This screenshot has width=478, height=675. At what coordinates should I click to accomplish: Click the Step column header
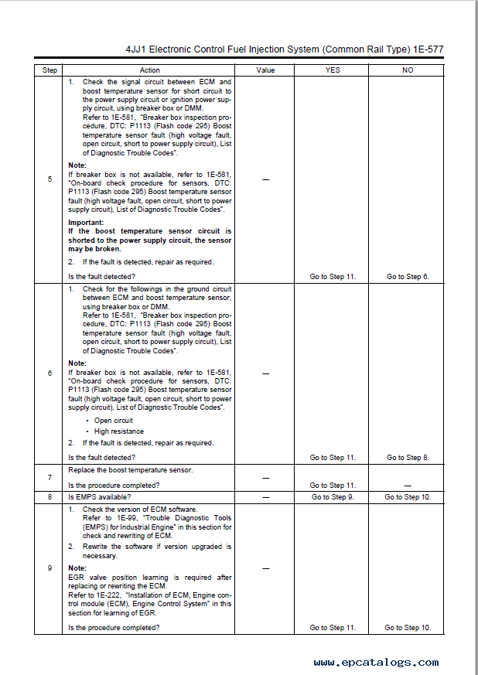pos(50,70)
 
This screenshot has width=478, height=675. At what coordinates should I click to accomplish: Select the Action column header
pos(150,70)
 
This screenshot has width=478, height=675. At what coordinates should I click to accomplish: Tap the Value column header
pos(265,70)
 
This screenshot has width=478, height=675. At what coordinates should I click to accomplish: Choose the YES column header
pos(333,70)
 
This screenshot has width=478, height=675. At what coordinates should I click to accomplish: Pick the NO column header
pos(408,70)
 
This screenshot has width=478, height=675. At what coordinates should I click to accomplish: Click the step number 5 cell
pos(50,179)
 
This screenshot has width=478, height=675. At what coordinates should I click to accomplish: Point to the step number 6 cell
pos(50,373)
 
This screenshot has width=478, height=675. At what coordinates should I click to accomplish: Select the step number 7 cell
pos(50,478)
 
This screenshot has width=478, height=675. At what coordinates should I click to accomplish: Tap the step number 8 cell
pos(50,497)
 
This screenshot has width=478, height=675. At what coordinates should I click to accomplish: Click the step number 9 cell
pos(50,568)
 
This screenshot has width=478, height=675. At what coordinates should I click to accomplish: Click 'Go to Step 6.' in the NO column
pos(408,277)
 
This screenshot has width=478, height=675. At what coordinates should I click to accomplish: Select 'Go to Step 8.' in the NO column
pos(408,458)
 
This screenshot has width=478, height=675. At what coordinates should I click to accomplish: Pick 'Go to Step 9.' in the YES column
pos(333,497)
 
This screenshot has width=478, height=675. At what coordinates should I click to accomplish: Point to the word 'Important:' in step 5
pos(86,223)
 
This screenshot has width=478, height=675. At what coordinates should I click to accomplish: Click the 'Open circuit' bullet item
pos(114,421)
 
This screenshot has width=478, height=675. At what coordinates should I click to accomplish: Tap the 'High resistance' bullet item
pos(118,431)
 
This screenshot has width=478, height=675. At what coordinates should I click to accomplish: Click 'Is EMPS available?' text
pos(100,497)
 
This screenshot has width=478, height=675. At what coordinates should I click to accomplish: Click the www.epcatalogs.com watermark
pos(376,663)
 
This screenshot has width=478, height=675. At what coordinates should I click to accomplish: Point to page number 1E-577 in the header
pos(426,49)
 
